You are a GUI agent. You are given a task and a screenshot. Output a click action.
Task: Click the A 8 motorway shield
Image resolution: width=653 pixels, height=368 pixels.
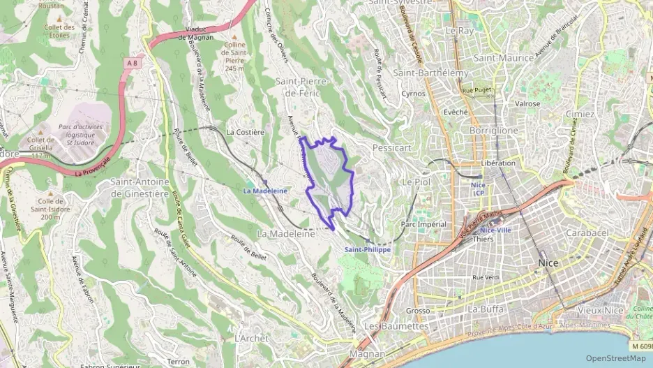point(131,63)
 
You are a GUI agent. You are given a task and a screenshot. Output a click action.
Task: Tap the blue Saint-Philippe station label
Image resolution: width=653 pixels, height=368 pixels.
point(368,249)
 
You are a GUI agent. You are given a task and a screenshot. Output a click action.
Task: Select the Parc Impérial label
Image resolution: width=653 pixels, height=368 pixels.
point(423,224)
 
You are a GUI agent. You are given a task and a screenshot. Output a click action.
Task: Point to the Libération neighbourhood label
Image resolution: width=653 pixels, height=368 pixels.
point(498,163)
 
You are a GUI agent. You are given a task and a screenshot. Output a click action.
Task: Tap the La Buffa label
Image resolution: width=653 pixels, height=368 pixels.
point(486,309)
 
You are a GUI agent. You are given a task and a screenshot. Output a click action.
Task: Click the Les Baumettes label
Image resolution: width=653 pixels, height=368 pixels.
point(396,326)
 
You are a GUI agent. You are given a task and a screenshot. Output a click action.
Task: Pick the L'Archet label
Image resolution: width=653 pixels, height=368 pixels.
point(251,338)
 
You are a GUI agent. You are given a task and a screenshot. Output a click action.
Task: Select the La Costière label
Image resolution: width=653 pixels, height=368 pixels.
point(245,131)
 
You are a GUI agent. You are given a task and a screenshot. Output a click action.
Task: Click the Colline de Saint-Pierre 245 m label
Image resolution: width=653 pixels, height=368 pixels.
point(234,57)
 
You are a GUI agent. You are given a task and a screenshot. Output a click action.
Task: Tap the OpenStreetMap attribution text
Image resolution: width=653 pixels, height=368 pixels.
point(616,358)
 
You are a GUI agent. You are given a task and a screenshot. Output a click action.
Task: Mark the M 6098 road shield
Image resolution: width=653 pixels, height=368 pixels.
point(643,346)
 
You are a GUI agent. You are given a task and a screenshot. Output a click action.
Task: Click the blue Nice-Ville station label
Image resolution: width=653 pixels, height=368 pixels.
point(495,230)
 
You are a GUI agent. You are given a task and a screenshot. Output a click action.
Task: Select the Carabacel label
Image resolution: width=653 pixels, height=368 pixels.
point(587,232)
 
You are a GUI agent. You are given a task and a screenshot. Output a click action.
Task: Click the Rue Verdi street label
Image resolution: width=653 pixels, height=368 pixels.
point(486,277)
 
